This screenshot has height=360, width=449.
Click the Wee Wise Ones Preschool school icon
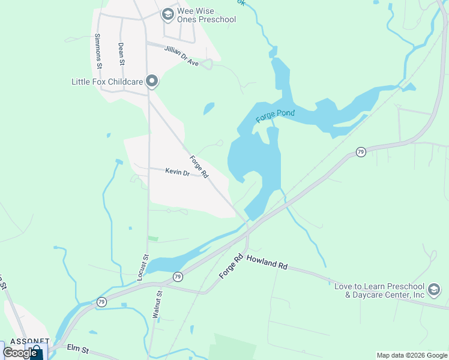point(168,13)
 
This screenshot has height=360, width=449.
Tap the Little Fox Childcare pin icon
point(152,81)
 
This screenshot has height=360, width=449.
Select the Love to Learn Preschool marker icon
point(433,292)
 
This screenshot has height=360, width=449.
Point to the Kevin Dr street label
point(177,172)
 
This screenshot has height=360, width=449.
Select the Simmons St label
point(97,50)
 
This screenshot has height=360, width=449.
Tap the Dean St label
point(121,53)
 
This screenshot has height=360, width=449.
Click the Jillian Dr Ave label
point(181,58)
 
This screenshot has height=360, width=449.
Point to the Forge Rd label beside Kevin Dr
point(199,167)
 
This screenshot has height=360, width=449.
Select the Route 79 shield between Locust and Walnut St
point(178,277)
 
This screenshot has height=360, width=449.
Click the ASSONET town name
point(23,341)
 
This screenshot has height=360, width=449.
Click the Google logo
point(20,353)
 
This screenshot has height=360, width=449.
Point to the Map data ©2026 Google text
point(411,355)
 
